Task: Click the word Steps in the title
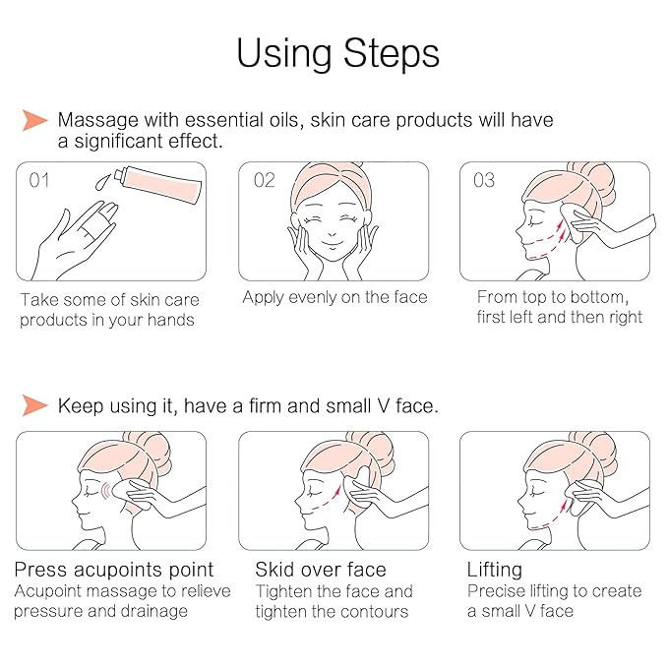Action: coord(392,53)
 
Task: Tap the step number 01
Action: coord(39,180)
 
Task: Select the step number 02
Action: coord(264,180)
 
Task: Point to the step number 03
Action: coord(484,180)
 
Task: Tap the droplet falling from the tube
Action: coord(101,181)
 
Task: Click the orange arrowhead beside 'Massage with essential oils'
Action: coord(35,120)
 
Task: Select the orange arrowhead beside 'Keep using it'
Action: coord(35,405)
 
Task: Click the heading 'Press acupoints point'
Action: coord(114,570)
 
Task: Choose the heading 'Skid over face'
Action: coord(321,570)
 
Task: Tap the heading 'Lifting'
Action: coord(494,571)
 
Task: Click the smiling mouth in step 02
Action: coord(333,244)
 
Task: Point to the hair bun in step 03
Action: coord(595,180)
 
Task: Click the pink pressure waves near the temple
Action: coord(105,491)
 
